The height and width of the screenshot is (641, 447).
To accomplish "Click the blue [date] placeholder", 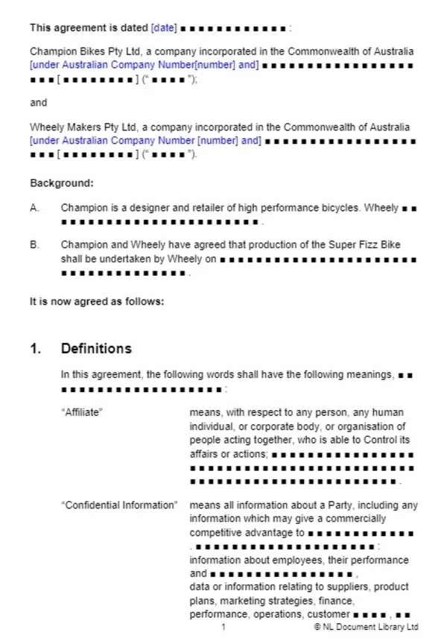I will point(164,28).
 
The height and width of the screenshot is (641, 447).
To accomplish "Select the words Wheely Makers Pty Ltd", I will point(71,127).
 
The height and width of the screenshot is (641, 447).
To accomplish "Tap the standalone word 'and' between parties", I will point(38,103).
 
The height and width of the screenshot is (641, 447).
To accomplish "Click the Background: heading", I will point(62,183).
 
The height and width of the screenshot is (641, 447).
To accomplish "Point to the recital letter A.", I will point(34,208).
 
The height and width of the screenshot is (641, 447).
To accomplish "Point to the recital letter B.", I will point(34,244).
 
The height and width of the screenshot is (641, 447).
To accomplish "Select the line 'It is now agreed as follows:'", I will point(96,302).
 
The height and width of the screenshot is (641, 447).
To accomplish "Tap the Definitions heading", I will point(96,349).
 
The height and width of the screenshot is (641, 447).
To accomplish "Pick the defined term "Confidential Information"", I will point(119,505).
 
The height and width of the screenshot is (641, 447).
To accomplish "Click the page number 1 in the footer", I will point(223,628).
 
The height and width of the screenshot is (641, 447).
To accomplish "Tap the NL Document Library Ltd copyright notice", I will point(367,628).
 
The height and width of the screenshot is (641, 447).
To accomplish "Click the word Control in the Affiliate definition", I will point(379,440).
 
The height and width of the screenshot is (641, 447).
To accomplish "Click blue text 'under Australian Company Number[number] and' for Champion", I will point(145,66).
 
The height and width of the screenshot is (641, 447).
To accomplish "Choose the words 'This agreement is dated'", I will point(89,28).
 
